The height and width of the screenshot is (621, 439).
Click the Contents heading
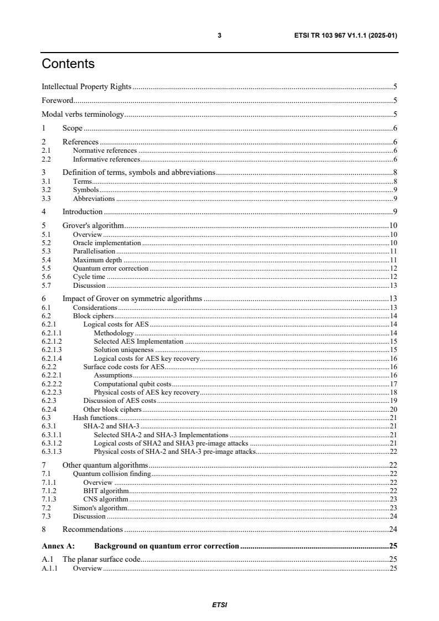coord(68,64)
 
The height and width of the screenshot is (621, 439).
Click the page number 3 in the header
coord(220,35)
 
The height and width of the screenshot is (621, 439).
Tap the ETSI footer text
coord(219,605)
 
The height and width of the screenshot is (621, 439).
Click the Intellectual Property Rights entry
coord(86,86)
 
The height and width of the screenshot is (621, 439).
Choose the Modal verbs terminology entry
coord(82,115)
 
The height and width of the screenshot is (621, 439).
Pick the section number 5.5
coord(47,268)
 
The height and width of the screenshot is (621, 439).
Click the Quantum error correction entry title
coord(111,268)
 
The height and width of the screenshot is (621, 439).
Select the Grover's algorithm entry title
coord(92,225)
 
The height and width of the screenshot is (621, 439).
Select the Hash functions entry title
coord(95,418)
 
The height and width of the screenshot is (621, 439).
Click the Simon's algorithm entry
coord(100,508)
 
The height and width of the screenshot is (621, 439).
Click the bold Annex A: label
coord(58,546)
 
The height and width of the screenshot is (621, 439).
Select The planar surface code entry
coord(101,560)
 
